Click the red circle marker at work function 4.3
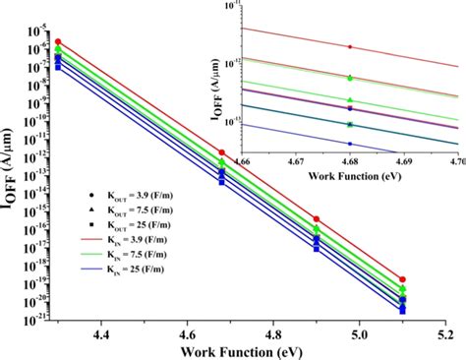pos(58,42)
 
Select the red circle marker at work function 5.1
pos(402,280)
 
